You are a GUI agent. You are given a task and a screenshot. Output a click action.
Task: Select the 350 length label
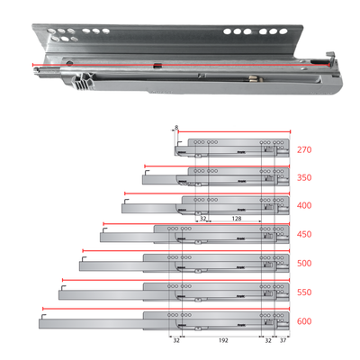(303, 178)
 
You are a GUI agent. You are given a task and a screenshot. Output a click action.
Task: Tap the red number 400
(303, 206)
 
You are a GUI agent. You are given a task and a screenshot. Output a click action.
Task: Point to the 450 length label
(303, 235)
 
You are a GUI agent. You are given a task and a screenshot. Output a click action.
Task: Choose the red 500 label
(303, 264)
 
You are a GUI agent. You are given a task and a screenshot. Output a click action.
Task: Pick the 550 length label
(303, 292)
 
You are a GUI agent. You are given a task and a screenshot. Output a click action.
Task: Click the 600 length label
(303, 320)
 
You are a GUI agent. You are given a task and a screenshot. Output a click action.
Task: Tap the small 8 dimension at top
(176, 128)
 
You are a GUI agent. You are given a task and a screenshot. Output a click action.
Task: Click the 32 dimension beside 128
(203, 218)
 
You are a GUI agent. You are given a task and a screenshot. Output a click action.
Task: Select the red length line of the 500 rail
(180, 250)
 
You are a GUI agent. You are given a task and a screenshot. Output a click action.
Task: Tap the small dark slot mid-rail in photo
(157, 67)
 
